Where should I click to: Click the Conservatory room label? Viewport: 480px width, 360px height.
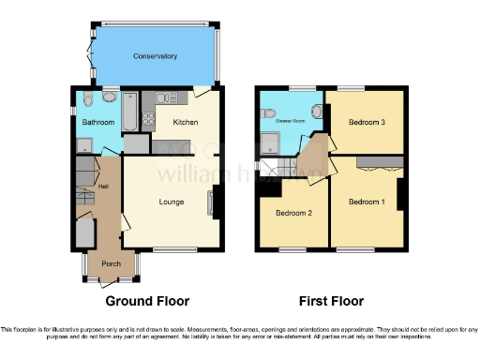155,56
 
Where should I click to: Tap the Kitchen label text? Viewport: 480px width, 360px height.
184,122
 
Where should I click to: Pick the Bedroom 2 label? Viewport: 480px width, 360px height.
292,213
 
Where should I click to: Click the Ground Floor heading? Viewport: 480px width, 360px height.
147,302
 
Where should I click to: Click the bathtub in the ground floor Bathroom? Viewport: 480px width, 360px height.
131,110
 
